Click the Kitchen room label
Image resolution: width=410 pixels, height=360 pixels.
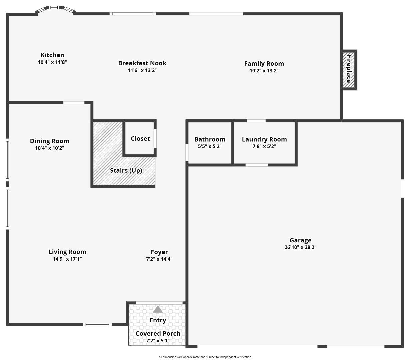pyautogui.click(x=52, y=55)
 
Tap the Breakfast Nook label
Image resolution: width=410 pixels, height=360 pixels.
pyautogui.click(x=142, y=63)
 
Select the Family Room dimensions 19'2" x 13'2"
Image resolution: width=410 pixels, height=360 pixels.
pyautogui.click(x=264, y=71)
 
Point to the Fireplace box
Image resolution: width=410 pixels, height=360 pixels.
pyautogui.click(x=349, y=69)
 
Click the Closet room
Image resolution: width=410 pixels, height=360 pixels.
pyautogui.click(x=140, y=138)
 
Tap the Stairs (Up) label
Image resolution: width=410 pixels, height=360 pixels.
pyautogui.click(x=126, y=170)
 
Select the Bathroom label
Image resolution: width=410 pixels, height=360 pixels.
pyautogui.click(x=210, y=139)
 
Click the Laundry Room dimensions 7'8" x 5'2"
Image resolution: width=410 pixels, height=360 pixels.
pyautogui.click(x=264, y=146)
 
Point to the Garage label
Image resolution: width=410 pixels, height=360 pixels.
pyautogui.click(x=300, y=240)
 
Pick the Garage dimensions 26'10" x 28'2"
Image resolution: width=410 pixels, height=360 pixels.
pyautogui.click(x=300, y=247)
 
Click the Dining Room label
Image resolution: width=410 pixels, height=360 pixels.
pyautogui.click(x=50, y=141)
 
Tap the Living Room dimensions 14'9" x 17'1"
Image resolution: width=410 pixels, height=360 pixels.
pyautogui.click(x=67, y=259)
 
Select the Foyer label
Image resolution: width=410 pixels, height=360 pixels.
pyautogui.click(x=159, y=252)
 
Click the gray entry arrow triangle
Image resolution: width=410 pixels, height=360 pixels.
pyautogui.click(x=158, y=310)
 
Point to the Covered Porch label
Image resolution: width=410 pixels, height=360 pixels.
pyautogui.click(x=158, y=333)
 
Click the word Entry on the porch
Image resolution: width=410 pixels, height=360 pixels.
pyautogui.click(x=158, y=320)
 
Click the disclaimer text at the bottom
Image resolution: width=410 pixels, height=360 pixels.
pyautogui.click(x=205, y=357)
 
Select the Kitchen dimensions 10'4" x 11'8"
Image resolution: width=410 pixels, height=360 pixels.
pyautogui.click(x=52, y=62)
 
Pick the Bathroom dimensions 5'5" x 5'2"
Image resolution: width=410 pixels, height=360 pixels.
pyautogui.click(x=210, y=146)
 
